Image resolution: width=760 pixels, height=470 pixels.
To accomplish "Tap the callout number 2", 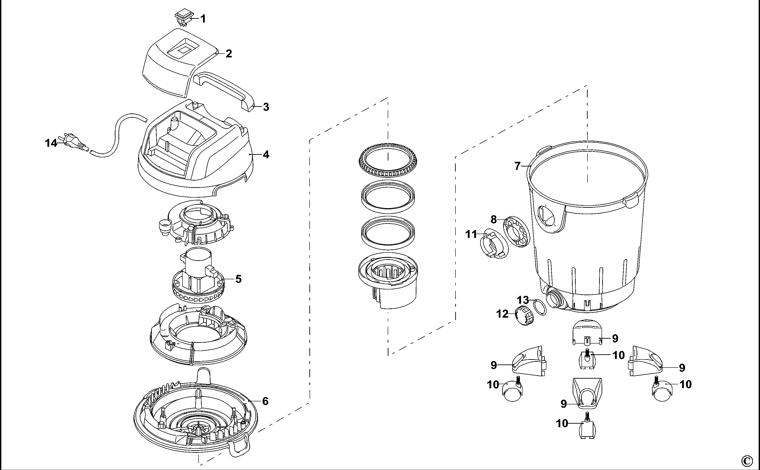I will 229,54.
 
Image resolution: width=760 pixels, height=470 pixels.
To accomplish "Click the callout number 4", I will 266,155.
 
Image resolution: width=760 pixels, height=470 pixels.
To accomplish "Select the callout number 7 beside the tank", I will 517,166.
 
